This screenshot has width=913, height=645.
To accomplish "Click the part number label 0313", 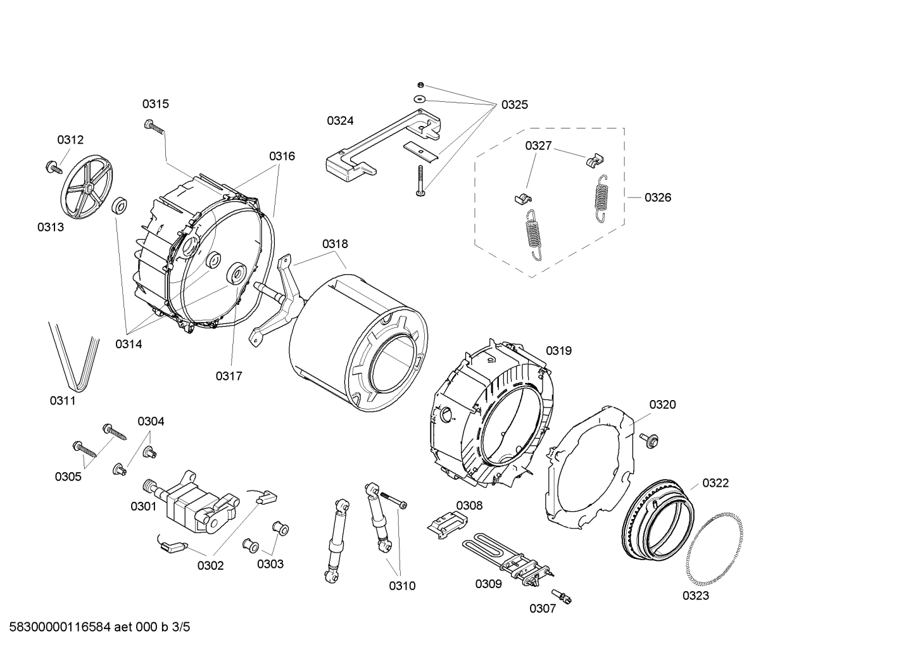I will (50, 227).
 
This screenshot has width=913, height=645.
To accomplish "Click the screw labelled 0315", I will (154, 127).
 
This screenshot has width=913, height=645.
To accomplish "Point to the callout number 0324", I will (340, 121).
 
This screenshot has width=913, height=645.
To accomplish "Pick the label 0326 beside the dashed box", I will (658, 197).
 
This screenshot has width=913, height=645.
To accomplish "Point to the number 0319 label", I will (558, 351).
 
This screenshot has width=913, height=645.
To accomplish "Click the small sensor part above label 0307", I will (562, 595).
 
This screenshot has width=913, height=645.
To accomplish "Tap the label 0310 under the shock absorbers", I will (402, 586).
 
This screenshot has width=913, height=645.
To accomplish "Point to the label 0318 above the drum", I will (334, 244).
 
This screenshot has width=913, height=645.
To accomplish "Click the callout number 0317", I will (229, 376).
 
